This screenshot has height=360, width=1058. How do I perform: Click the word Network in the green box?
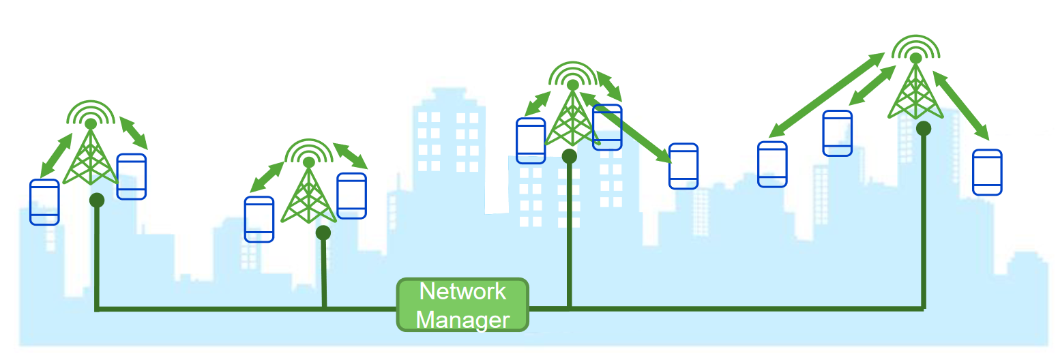click(462, 292)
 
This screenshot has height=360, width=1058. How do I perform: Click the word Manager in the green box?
click(463, 320)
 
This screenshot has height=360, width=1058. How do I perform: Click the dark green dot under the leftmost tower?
click(97, 200)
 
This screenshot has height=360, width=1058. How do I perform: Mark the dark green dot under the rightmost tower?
click(924, 128)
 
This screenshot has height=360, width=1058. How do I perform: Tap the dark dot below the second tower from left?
click(323, 232)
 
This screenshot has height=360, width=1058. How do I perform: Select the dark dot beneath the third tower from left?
click(569, 156)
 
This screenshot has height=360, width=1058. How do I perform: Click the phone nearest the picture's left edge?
click(44, 202)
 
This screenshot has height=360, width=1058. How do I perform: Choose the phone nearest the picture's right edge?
click(987, 172)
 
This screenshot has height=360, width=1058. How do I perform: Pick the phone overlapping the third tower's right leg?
click(607, 127)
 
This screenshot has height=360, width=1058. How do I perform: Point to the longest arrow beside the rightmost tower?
click(827, 95)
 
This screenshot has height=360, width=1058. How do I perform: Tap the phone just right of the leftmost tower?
click(131, 177)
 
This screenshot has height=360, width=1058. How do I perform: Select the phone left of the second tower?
click(259, 220)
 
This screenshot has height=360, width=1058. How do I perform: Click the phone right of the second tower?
click(352, 196)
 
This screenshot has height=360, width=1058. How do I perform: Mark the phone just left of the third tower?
click(531, 140)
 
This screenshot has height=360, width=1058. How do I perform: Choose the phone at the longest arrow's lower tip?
click(772, 164)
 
